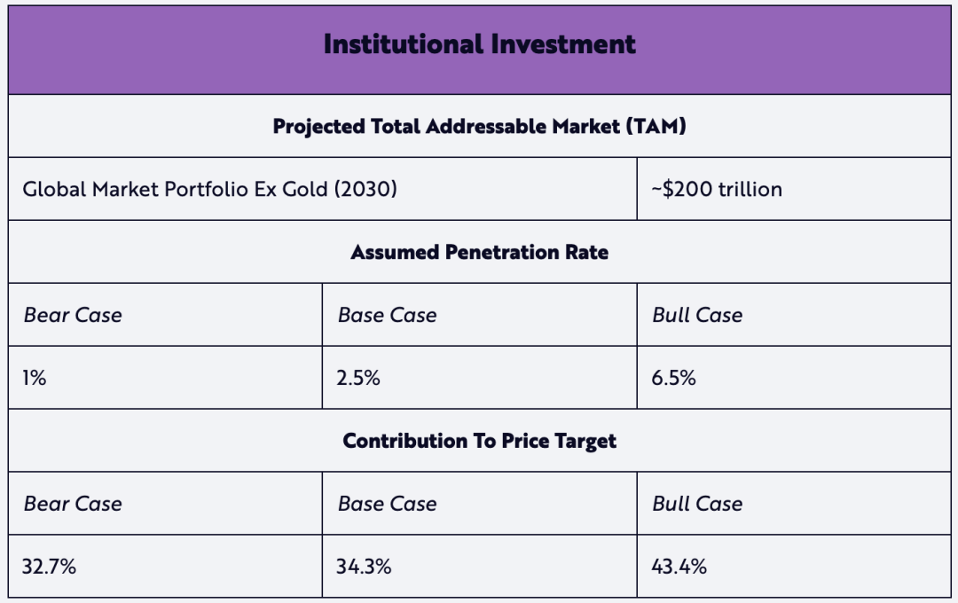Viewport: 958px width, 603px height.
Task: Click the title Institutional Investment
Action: point(479,44)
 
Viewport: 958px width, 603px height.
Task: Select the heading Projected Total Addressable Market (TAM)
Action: point(479,126)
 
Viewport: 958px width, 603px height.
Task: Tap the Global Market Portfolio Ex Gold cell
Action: point(209,189)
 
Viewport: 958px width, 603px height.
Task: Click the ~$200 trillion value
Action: point(717,189)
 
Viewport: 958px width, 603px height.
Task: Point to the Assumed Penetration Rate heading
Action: point(479,252)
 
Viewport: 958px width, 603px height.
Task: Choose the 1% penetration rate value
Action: point(34,378)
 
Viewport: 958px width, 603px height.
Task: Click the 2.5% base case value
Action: point(358,378)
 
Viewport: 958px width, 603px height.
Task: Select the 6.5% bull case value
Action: point(673,378)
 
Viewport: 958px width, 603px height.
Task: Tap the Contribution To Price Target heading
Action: point(479,441)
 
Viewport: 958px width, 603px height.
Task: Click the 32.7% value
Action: point(49,567)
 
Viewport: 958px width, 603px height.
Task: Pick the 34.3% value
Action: point(364,567)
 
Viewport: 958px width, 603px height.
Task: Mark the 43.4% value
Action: point(679,567)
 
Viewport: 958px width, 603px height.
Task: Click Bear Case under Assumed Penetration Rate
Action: point(73,315)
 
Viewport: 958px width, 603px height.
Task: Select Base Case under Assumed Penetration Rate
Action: point(387,315)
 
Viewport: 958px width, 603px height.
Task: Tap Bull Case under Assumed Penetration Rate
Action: point(697,315)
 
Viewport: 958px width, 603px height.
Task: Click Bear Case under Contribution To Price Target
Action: point(73,504)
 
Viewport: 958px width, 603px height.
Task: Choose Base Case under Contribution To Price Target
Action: point(387,504)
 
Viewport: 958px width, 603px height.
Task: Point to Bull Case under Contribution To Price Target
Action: point(697,504)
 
